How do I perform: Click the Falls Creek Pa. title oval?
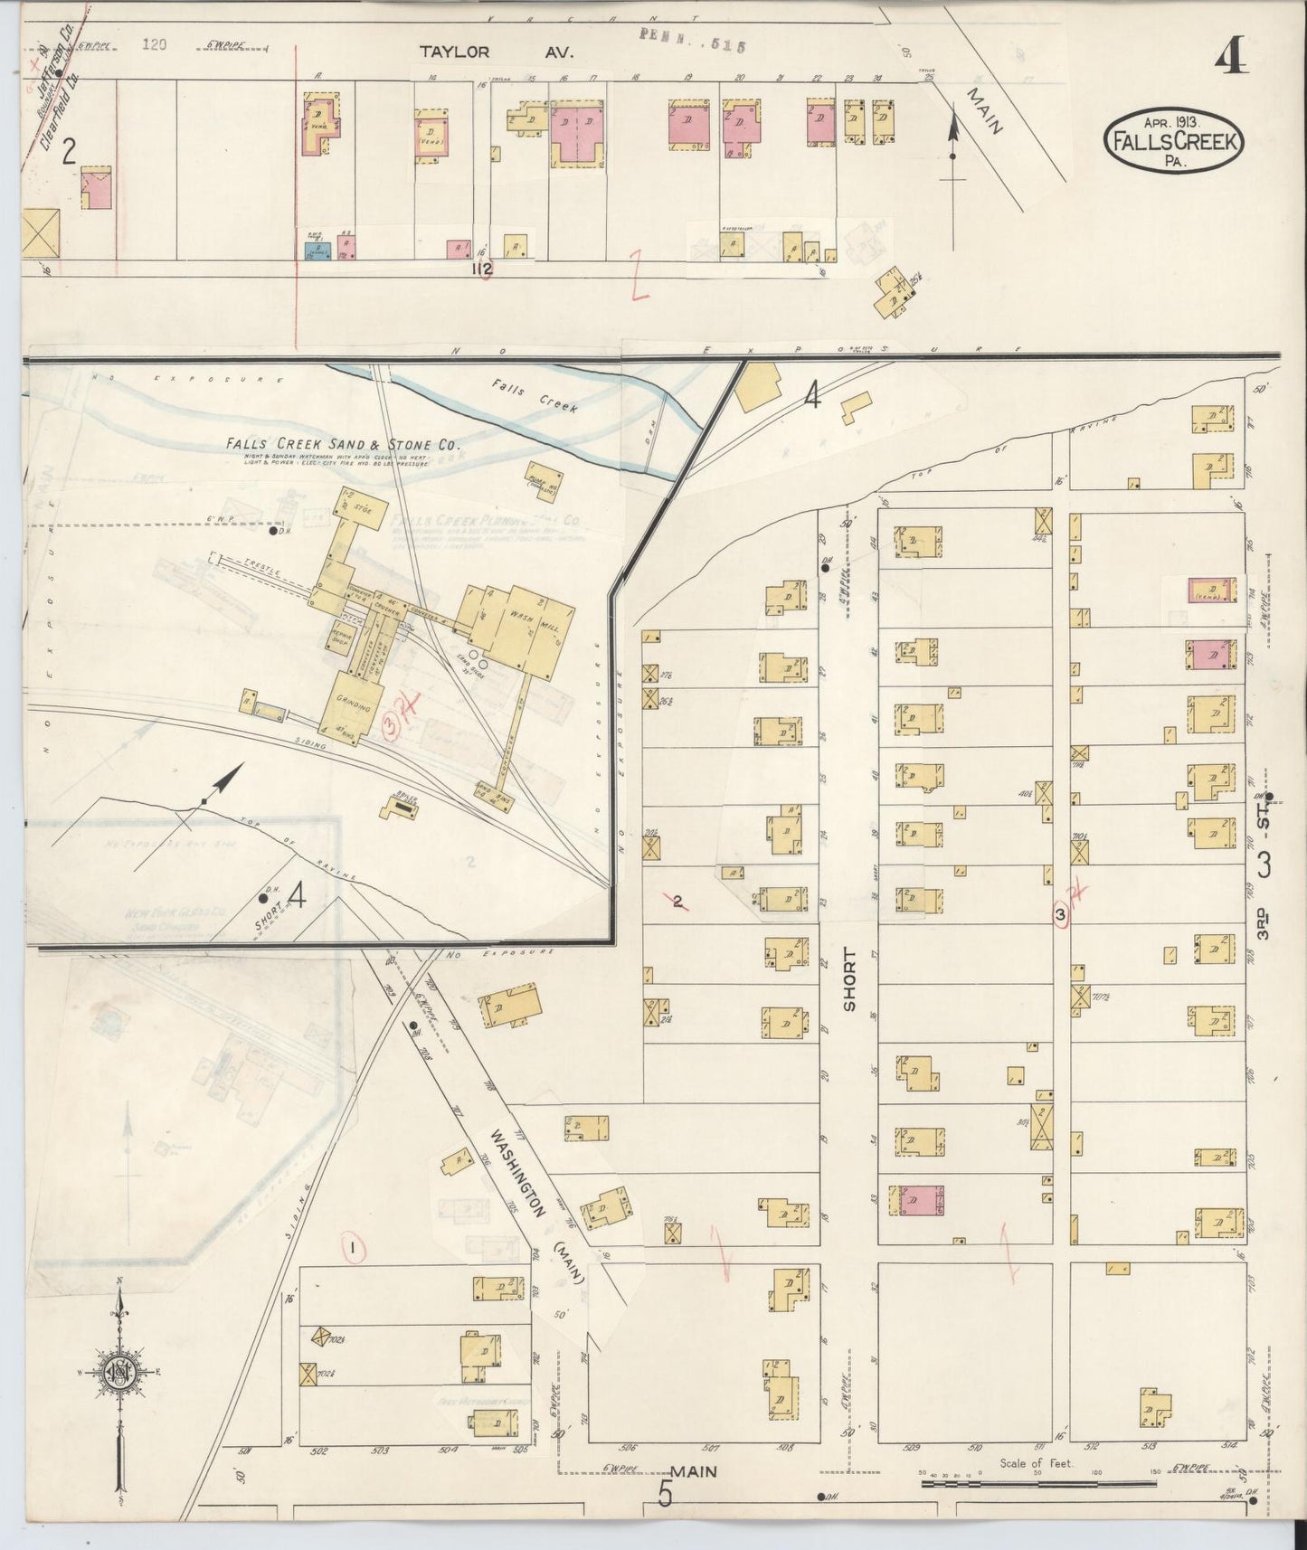(1174, 140)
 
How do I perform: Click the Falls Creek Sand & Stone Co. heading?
(344, 445)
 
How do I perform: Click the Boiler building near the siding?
(399, 808)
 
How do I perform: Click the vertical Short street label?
(848, 979)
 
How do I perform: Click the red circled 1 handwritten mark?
(354, 1249)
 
